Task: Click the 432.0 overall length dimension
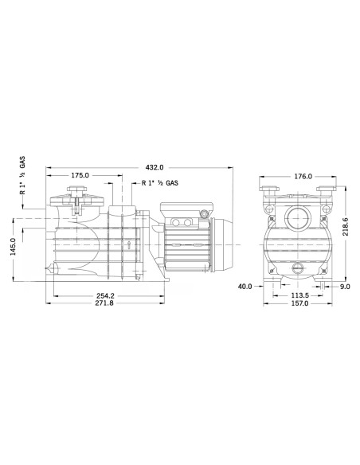155,168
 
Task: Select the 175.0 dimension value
80,175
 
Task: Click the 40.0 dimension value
245,287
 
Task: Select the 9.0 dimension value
345,287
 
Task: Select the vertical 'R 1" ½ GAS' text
24,178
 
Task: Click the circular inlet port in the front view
298,217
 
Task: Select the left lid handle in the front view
269,191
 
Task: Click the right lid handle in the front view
327,191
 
